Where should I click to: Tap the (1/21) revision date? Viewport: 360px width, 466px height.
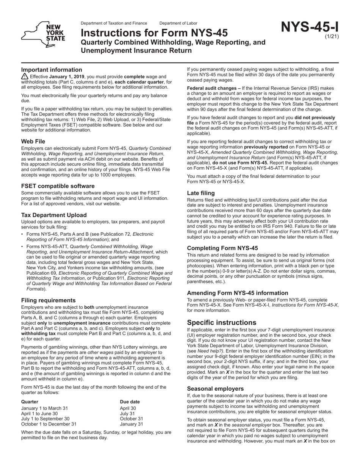(x=332, y=37)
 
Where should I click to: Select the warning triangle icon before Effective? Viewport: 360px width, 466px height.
(x=25, y=77)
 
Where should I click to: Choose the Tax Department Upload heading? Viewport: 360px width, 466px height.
(x=54, y=215)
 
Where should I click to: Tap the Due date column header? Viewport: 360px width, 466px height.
(x=130, y=402)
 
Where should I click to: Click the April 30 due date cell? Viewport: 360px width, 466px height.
(x=128, y=408)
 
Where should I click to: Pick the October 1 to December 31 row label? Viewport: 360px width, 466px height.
(x=49, y=424)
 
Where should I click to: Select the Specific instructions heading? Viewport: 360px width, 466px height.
(x=222, y=323)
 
